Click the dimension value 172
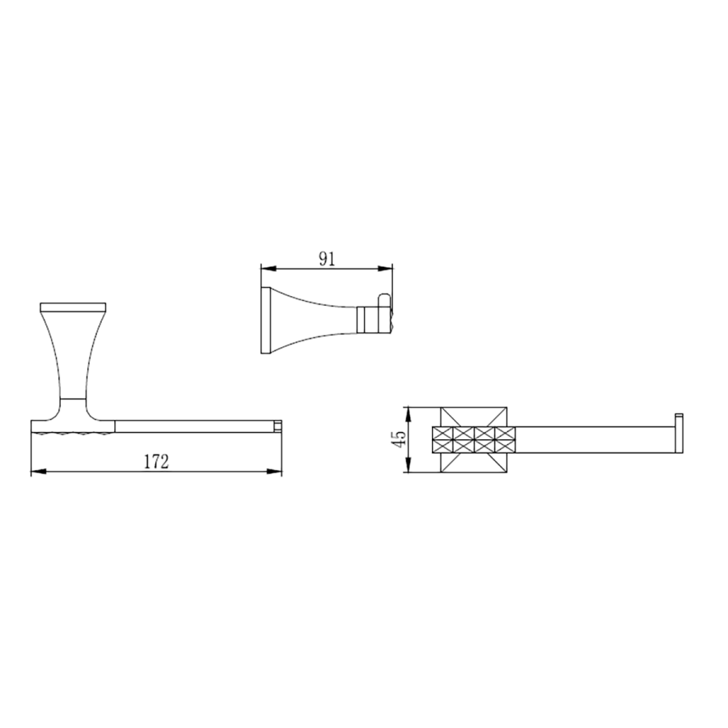coord(156,462)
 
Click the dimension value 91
coord(327,260)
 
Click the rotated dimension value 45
coord(399,438)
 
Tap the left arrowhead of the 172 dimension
coord(39,472)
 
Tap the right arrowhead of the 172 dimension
coord(274,472)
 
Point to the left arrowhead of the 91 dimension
coord(269,269)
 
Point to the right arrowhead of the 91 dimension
coord(385,269)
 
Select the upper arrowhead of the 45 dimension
coord(408,415)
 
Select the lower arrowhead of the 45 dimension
coord(408,465)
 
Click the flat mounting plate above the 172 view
coord(74,307)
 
